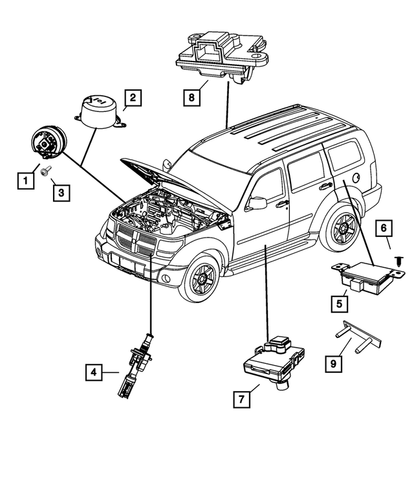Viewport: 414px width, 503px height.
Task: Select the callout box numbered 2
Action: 132,98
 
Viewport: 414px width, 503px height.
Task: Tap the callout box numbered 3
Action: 60,192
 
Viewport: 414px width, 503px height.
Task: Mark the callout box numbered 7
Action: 240,399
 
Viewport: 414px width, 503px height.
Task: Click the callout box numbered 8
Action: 191,98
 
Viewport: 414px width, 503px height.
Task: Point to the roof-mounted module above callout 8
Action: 221,54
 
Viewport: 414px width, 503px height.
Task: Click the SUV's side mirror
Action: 256,203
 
